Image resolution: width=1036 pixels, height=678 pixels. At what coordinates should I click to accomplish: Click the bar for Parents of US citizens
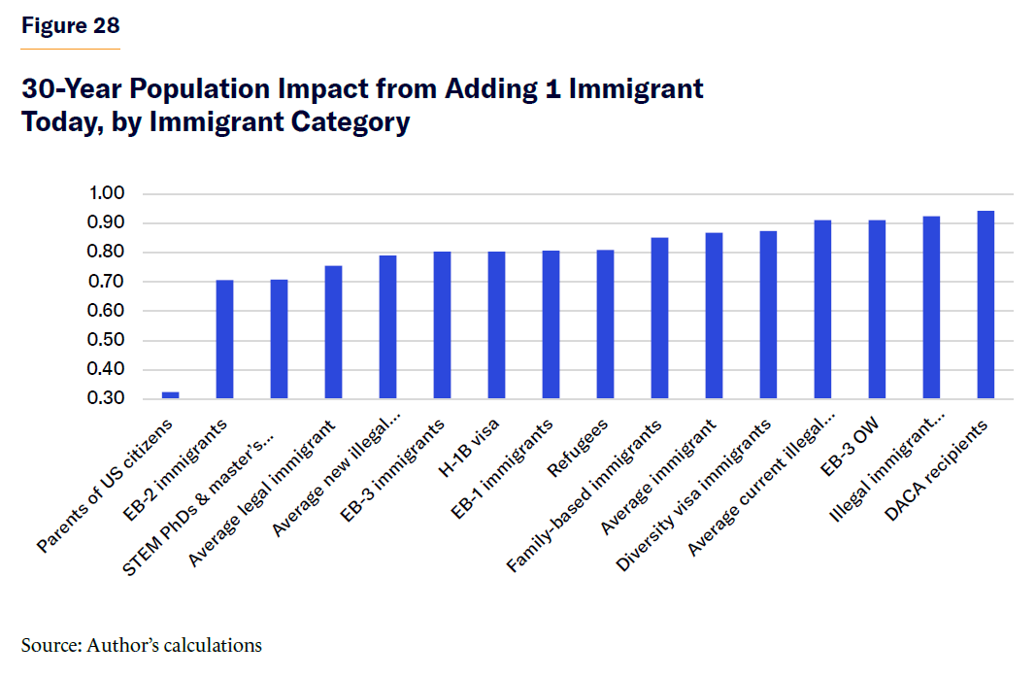pyautogui.click(x=170, y=395)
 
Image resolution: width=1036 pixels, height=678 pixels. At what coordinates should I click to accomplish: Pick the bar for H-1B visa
pyautogui.click(x=496, y=325)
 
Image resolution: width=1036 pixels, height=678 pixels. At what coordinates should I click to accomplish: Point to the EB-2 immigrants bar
pyautogui.click(x=224, y=339)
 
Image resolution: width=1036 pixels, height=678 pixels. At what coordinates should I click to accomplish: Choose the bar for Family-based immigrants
pyautogui.click(x=659, y=319)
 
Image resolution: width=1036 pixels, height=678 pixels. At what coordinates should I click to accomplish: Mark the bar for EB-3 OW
pyautogui.click(x=877, y=310)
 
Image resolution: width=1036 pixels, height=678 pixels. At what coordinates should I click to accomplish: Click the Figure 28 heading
pyautogui.click(x=71, y=26)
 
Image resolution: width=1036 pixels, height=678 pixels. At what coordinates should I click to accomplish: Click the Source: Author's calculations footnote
pyautogui.click(x=142, y=645)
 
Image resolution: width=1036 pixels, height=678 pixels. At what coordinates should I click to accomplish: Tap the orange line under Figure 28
pyautogui.click(x=71, y=49)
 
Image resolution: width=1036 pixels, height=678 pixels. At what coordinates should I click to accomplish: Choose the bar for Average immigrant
pyautogui.click(x=714, y=316)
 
